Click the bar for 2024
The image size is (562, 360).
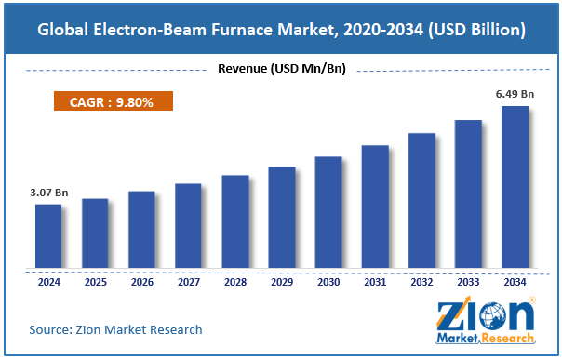coord(48,236)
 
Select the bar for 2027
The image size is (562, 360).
coord(188,226)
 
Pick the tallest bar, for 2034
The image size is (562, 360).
coord(515,187)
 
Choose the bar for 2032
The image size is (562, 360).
coord(421,201)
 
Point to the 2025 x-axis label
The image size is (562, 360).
coord(95,281)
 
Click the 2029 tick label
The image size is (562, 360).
coord(281,281)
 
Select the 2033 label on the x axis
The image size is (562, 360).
coord(468,281)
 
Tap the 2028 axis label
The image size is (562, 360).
coord(234,281)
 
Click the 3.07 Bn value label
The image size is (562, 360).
coord(48,193)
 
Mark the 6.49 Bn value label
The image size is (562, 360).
coord(515,95)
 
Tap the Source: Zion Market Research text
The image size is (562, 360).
coord(115,329)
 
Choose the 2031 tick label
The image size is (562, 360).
coord(375,281)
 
